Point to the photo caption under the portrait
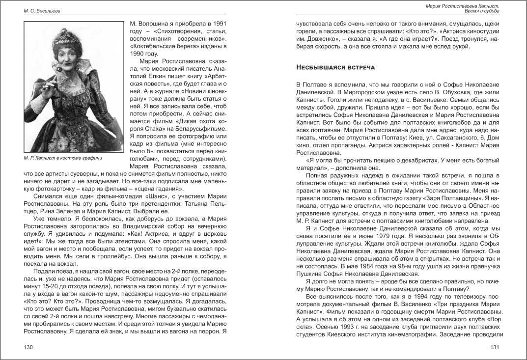(63, 158)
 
